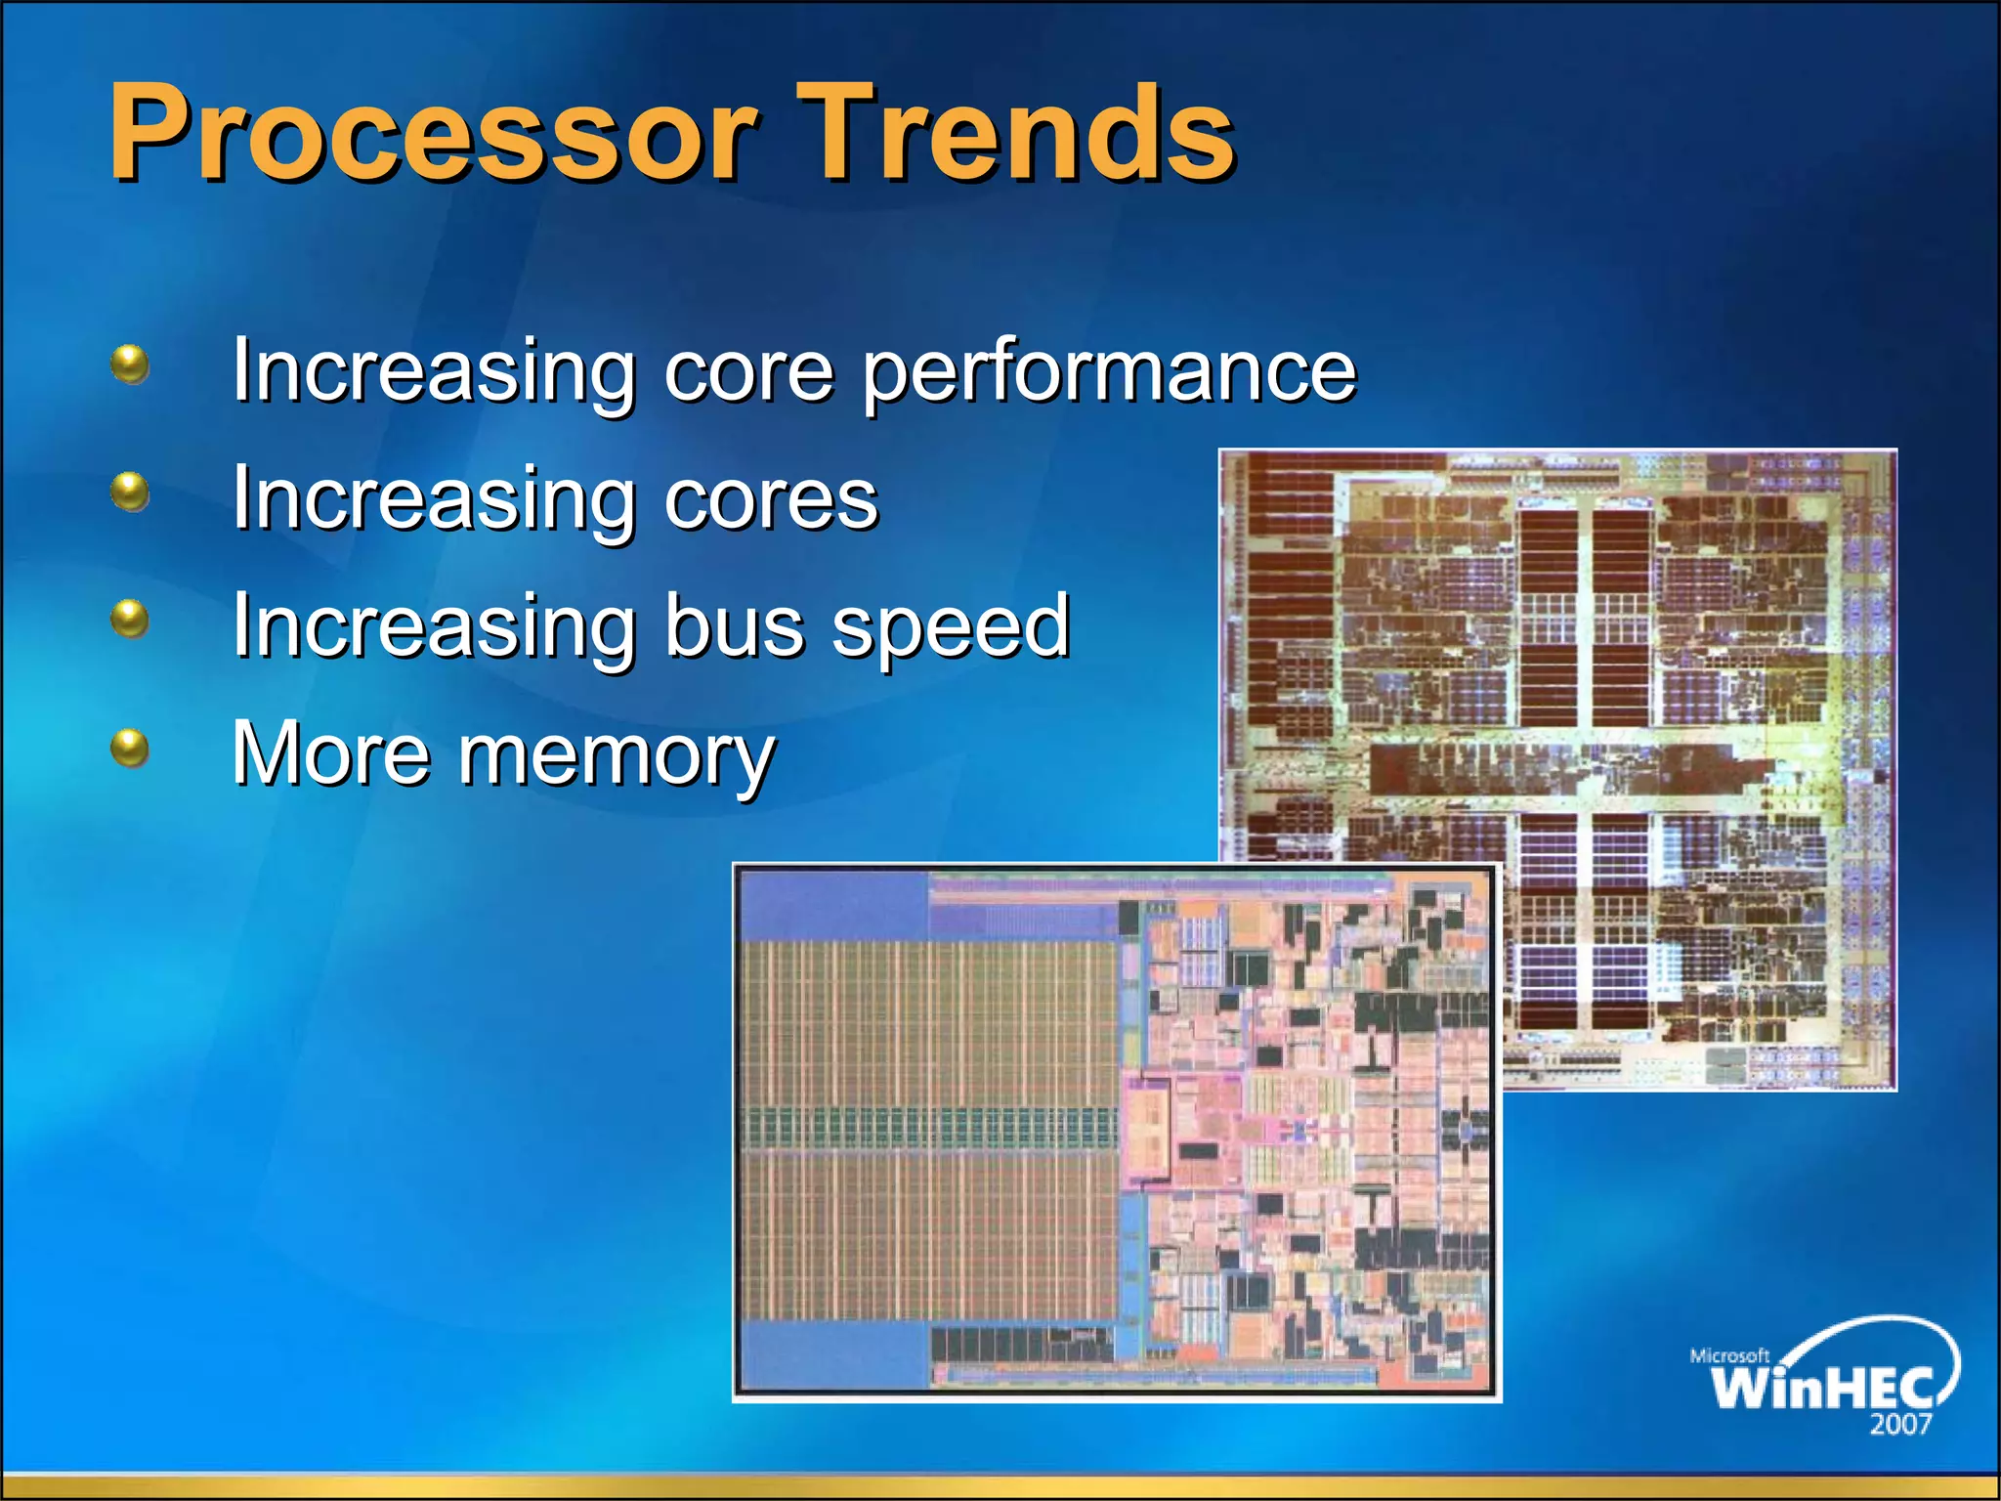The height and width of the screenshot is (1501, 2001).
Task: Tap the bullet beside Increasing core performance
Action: (130, 365)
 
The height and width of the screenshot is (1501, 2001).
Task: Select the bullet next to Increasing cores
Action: (130, 492)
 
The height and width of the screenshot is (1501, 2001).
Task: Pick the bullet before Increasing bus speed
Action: (130, 619)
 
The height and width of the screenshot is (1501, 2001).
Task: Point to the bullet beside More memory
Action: (130, 749)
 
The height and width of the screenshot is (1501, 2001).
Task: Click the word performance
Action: (1109, 371)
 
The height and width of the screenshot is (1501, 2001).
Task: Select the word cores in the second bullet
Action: (771, 498)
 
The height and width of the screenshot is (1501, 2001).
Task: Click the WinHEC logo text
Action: (1823, 1386)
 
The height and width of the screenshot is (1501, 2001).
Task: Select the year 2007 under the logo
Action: (1900, 1424)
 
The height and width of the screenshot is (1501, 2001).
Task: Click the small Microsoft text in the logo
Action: (1729, 1355)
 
